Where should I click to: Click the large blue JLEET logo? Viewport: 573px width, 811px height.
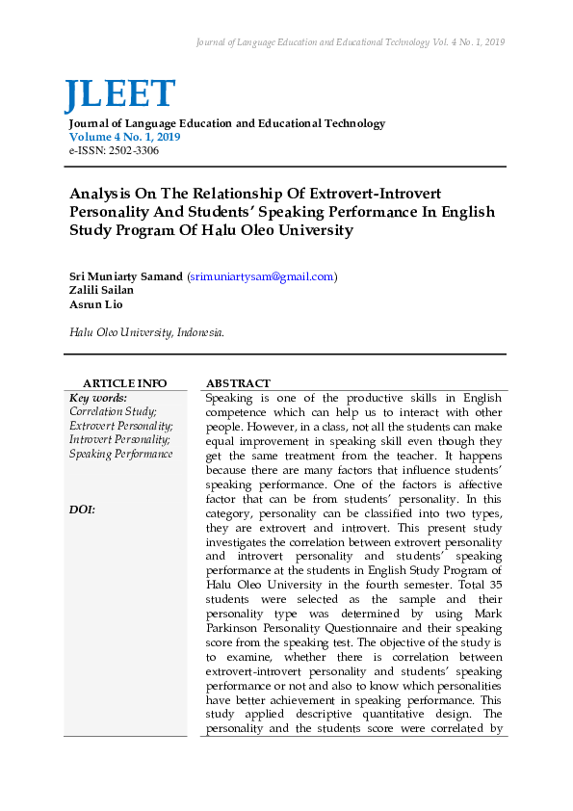tap(120, 94)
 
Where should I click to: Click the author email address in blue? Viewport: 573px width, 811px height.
tap(261, 276)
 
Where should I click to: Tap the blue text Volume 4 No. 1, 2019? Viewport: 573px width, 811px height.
tap(124, 138)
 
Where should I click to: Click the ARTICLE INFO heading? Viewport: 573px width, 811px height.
tap(124, 383)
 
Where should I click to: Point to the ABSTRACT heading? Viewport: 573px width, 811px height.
tap(238, 383)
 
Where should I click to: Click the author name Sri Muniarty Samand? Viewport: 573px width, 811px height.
tap(125, 276)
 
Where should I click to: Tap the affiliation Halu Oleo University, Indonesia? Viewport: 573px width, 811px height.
tap(146, 332)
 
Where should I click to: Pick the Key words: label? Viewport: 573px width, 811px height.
tap(98, 397)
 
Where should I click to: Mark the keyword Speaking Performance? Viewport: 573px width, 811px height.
tap(121, 454)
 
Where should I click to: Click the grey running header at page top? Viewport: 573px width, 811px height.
tap(350, 42)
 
